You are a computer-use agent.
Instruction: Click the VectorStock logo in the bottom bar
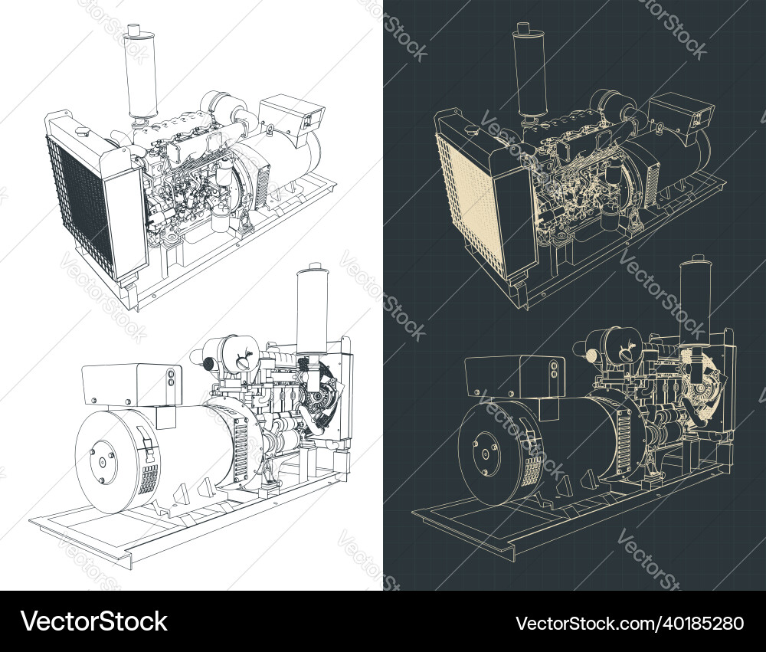93,621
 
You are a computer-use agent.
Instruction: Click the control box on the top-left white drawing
293,114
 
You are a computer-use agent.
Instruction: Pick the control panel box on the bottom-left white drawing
132,384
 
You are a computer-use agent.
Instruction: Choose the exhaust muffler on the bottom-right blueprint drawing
696,300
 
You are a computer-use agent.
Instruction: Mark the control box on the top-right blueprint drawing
681,113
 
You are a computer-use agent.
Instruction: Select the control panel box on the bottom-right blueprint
515,377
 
